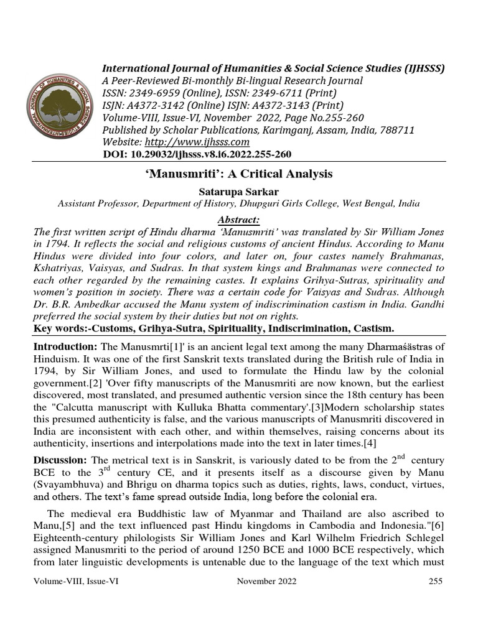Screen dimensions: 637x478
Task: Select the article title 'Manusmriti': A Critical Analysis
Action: [238, 174]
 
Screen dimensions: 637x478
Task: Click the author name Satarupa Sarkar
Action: [238, 190]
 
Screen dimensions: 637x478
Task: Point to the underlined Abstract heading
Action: [238, 220]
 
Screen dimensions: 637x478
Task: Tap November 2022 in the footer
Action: [267, 581]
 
